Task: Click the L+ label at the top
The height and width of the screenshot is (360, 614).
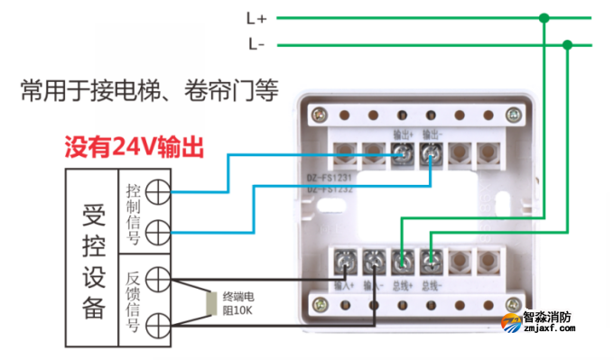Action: [x=255, y=17]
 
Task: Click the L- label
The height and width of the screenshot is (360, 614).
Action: [x=255, y=43]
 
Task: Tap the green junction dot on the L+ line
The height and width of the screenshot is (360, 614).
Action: [x=544, y=17]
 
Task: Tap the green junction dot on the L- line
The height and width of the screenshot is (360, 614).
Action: [x=567, y=43]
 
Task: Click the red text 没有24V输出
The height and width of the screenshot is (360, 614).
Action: [x=134, y=146]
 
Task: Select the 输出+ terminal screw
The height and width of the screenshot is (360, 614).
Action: [x=405, y=157]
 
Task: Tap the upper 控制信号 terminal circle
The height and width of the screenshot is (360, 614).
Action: [x=158, y=191]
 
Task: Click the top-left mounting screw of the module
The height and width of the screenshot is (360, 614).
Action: [x=319, y=115]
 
